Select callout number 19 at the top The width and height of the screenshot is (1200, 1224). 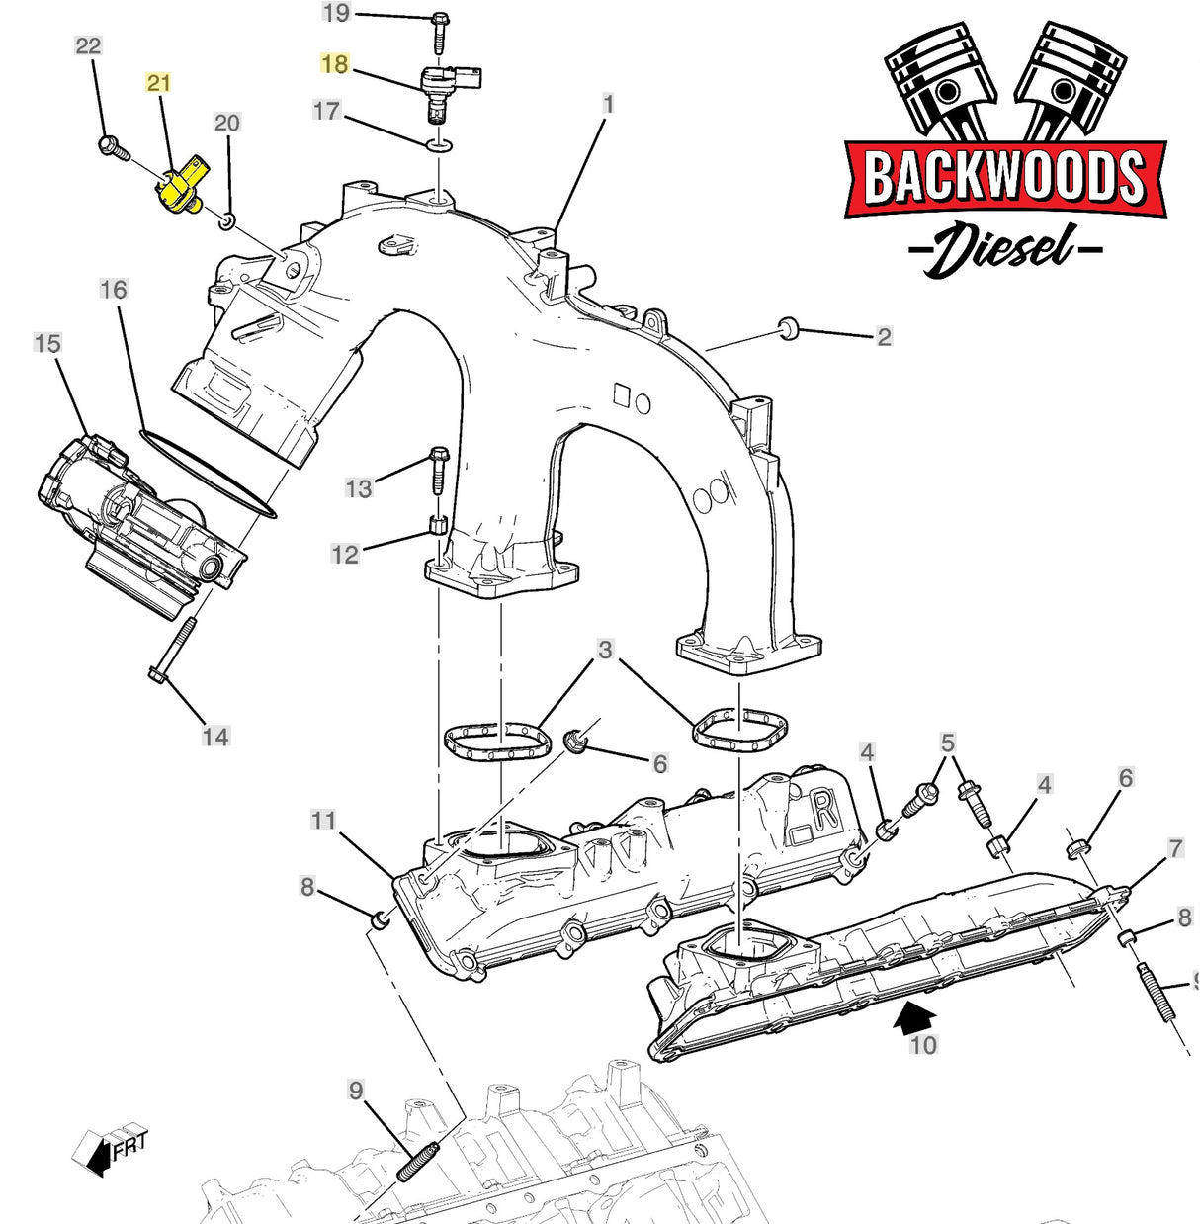point(336,13)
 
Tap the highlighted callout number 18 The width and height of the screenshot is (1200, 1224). point(335,64)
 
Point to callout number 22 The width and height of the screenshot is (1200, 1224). point(88,45)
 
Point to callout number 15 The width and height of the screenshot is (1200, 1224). point(47,344)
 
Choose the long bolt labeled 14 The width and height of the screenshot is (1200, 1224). point(172,652)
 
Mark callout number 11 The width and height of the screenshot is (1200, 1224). point(323,820)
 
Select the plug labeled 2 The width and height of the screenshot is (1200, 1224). point(788,329)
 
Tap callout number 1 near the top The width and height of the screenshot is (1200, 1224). point(608,104)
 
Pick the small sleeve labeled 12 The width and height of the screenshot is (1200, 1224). point(439,525)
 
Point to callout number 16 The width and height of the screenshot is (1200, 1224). point(114,290)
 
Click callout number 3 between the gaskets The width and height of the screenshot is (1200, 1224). point(605,650)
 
